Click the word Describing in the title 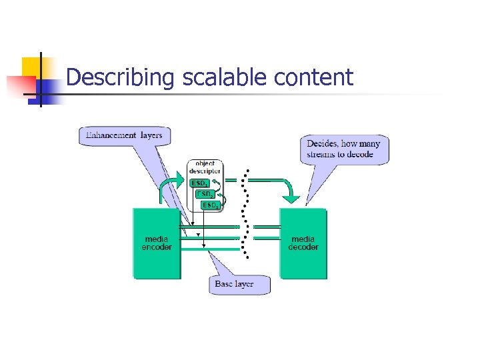coord(120,78)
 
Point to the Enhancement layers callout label coord(124,135)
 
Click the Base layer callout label coord(234,284)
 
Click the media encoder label coord(157,243)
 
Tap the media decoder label coord(303,243)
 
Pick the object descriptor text coord(205,167)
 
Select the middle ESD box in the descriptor coord(205,194)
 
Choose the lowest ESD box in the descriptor coord(210,205)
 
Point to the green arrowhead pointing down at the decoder coord(291,197)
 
